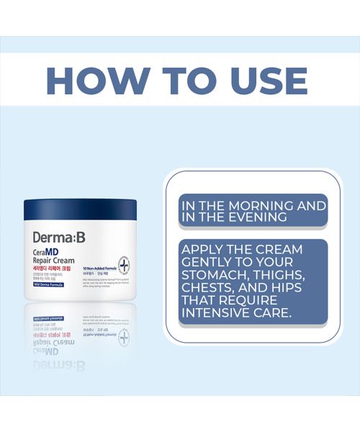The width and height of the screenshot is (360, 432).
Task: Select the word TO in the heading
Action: (167, 81)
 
